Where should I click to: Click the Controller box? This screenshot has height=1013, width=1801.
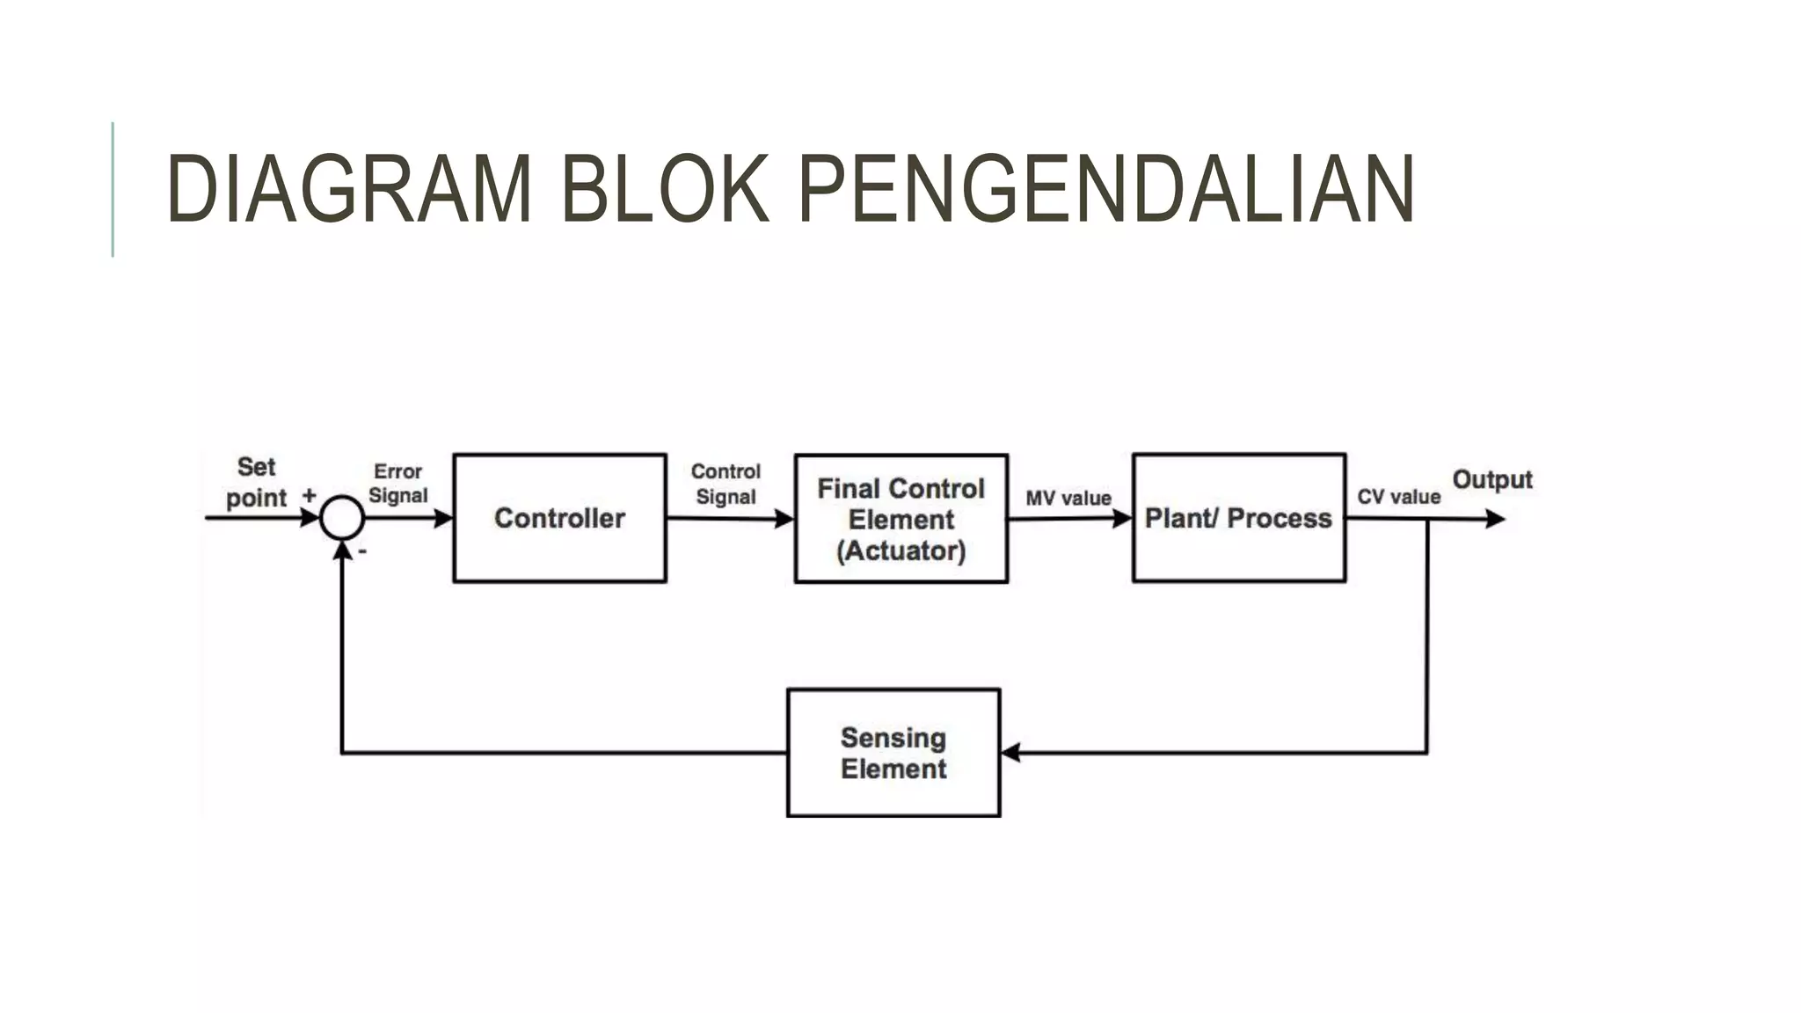pyautogui.click(x=559, y=518)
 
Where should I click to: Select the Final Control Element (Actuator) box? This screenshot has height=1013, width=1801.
pyautogui.click(x=900, y=519)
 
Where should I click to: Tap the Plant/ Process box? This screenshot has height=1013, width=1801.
pyautogui.click(x=1238, y=518)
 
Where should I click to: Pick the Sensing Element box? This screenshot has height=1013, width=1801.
pyautogui.click(x=893, y=753)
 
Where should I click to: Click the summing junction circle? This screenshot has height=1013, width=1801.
pyautogui.click(x=342, y=517)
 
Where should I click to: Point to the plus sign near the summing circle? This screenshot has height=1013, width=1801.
pyautogui.click(x=310, y=495)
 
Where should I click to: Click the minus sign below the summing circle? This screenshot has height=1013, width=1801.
pyautogui.click(x=362, y=552)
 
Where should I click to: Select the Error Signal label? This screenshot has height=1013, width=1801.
pyautogui.click(x=397, y=484)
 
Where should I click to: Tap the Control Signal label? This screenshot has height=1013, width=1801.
pyautogui.click(x=726, y=485)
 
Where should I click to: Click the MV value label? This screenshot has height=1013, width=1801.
pyautogui.click(x=1068, y=499)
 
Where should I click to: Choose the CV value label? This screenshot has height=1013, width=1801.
pyautogui.click(x=1398, y=497)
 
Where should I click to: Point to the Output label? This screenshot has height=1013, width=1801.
pyautogui.click(x=1491, y=480)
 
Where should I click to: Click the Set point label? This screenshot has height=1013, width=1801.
pyautogui.click(x=256, y=483)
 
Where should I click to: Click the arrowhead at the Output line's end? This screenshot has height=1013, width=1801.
pyautogui.click(x=1495, y=519)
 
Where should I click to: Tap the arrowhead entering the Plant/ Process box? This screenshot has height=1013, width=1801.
pyautogui.click(x=1122, y=519)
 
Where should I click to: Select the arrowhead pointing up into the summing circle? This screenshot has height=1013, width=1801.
pyautogui.click(x=342, y=550)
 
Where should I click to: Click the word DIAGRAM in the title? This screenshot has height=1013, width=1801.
pyautogui.click(x=348, y=189)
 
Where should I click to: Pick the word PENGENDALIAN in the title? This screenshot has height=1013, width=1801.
pyautogui.click(x=1105, y=189)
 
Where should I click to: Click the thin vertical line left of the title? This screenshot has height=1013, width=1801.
pyautogui.click(x=113, y=189)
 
